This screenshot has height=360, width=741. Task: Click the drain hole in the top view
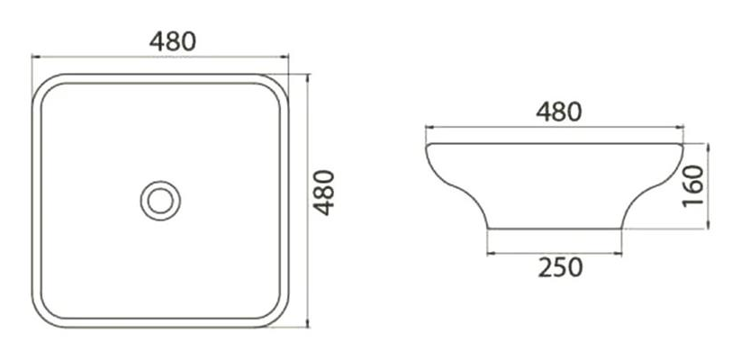coord(160,201)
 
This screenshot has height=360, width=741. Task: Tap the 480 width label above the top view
coord(173,41)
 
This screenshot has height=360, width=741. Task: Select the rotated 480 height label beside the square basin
coord(325,193)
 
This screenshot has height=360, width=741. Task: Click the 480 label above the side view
coord(558,112)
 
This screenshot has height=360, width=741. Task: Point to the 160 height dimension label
coord(693,185)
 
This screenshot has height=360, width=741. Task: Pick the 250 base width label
coord(560,268)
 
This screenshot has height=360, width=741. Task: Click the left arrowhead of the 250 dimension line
coord(491,254)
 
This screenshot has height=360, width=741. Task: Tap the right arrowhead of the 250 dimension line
coord(619,254)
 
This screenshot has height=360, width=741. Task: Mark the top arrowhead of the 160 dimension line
coord(708,148)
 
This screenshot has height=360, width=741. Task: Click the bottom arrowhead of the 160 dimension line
coord(708,224)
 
